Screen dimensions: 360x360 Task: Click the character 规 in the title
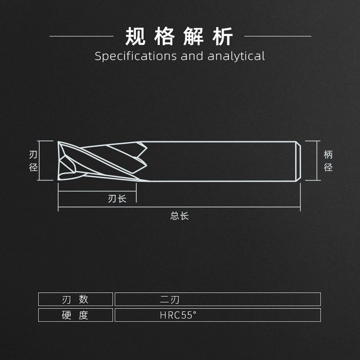pos(135,36)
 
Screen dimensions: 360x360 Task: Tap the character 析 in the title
pos(224,36)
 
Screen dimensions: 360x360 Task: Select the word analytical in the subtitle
pos(236,56)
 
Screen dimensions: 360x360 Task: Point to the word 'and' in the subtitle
pos(193,56)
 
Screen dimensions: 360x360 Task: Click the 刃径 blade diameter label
pos(33,161)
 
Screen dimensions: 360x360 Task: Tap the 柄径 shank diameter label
pos(328,161)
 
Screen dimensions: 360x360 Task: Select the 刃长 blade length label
pos(117,198)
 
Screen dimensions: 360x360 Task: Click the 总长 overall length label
pos(179,216)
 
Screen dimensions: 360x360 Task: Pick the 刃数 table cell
pos(75,299)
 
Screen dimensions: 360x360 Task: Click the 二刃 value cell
pos(170,299)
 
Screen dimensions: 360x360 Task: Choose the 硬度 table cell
pos(75,315)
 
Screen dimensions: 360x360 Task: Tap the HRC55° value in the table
pos(178,315)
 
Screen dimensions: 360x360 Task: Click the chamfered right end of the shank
pos(298,161)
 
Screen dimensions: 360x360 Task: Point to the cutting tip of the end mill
pos(60,161)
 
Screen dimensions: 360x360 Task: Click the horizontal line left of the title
pos(81,36)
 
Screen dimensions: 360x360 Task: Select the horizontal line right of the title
pos(277,36)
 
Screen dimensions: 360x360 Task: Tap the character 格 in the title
pos(165,36)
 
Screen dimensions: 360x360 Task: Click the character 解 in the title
pos(194,36)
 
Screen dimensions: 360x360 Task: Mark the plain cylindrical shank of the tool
pos(220,161)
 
